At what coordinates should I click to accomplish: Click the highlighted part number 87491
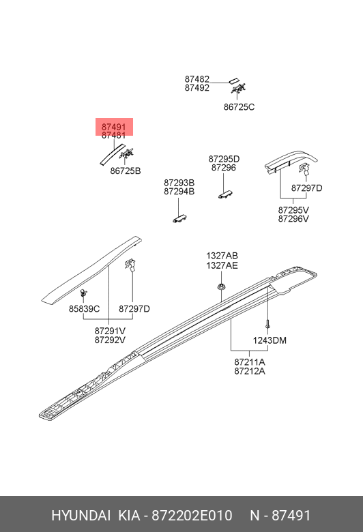114,127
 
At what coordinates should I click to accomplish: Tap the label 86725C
239,107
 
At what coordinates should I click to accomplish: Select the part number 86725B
126,171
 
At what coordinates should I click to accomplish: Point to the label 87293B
179,183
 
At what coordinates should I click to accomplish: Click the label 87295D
224,159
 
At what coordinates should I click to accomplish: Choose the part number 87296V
293,219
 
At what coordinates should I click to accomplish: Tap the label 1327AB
222,256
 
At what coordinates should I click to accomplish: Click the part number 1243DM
270,340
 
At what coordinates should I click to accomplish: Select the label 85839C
84,309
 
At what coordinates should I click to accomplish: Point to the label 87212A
250,371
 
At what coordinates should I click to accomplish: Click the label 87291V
110,331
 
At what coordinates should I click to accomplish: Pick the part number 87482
197,79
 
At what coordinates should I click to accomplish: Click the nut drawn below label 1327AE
221,287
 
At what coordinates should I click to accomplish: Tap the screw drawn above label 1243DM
267,324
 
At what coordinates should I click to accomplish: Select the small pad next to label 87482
234,81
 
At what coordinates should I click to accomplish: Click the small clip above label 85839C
83,293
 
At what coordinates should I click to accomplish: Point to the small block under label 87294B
180,218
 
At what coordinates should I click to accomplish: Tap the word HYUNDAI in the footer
81,516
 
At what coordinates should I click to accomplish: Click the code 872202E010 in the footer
192,516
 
